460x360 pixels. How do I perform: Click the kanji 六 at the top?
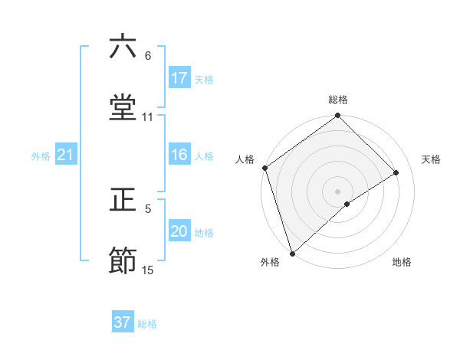click(123, 47)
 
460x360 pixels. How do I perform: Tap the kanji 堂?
click(123, 108)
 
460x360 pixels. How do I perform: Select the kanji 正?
click(123, 201)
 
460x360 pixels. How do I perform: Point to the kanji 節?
click(123, 261)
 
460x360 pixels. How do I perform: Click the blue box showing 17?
click(179, 78)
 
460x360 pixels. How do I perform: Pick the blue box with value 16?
click(179, 155)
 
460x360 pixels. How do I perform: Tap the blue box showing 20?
click(179, 232)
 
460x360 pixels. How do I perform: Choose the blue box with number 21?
click(66, 155)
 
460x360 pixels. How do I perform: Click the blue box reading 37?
click(123, 322)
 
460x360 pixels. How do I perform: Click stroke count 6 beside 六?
click(148, 56)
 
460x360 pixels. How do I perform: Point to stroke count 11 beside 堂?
click(148, 116)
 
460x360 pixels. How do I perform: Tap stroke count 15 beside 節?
click(148, 270)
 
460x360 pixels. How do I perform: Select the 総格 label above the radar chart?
click(338, 100)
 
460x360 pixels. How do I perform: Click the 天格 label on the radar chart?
click(432, 159)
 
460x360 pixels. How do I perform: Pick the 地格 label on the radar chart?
click(402, 263)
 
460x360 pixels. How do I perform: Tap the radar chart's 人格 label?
click(245, 159)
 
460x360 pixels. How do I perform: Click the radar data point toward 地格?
click(347, 204)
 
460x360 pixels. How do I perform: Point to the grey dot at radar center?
click(337, 191)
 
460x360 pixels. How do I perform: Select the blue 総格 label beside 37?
click(147, 323)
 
